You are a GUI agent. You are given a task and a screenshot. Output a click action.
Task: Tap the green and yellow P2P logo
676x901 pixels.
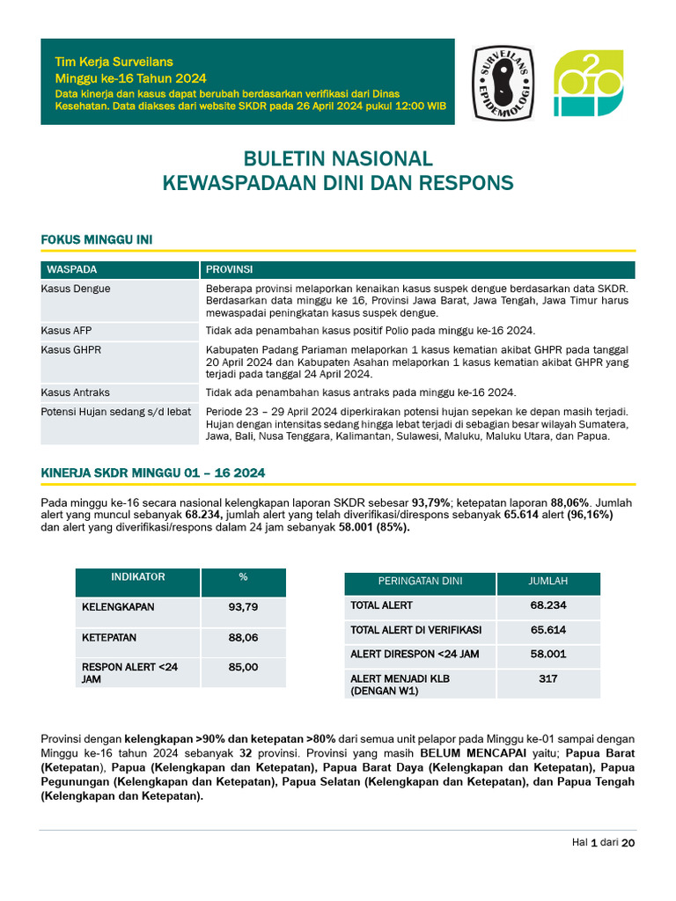(587, 83)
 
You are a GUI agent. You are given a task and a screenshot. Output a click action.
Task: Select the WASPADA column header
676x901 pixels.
(72, 269)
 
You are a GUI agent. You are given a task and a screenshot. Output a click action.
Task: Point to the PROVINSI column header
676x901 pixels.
(230, 269)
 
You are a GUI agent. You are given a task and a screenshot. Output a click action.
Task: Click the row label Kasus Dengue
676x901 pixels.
(76, 289)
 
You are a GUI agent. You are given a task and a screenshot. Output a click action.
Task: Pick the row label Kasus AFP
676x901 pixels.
(66, 331)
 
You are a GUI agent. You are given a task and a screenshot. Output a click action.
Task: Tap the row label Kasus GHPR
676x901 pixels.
(71, 350)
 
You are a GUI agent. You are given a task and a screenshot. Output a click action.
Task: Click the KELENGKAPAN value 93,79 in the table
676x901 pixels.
(243, 607)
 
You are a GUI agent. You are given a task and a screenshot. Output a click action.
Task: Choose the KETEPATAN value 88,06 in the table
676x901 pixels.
(243, 637)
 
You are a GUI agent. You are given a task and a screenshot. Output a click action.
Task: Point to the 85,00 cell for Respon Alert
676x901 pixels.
(243, 668)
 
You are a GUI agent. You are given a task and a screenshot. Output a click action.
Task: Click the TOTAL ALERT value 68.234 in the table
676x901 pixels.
(547, 605)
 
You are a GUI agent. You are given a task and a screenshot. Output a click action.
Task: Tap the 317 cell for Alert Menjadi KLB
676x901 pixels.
(547, 679)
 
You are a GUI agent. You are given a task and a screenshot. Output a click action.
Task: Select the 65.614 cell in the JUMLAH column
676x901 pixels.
(547, 630)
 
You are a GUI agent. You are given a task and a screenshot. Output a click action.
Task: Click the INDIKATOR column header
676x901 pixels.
(137, 577)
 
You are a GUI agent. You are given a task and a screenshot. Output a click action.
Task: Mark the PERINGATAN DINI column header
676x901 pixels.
(420, 581)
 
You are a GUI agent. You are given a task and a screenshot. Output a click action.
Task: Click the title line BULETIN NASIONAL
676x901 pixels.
(338, 158)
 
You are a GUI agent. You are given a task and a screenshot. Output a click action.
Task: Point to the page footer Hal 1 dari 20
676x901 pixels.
(603, 842)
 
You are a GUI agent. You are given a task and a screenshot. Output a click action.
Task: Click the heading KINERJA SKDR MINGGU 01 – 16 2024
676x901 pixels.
(153, 473)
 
